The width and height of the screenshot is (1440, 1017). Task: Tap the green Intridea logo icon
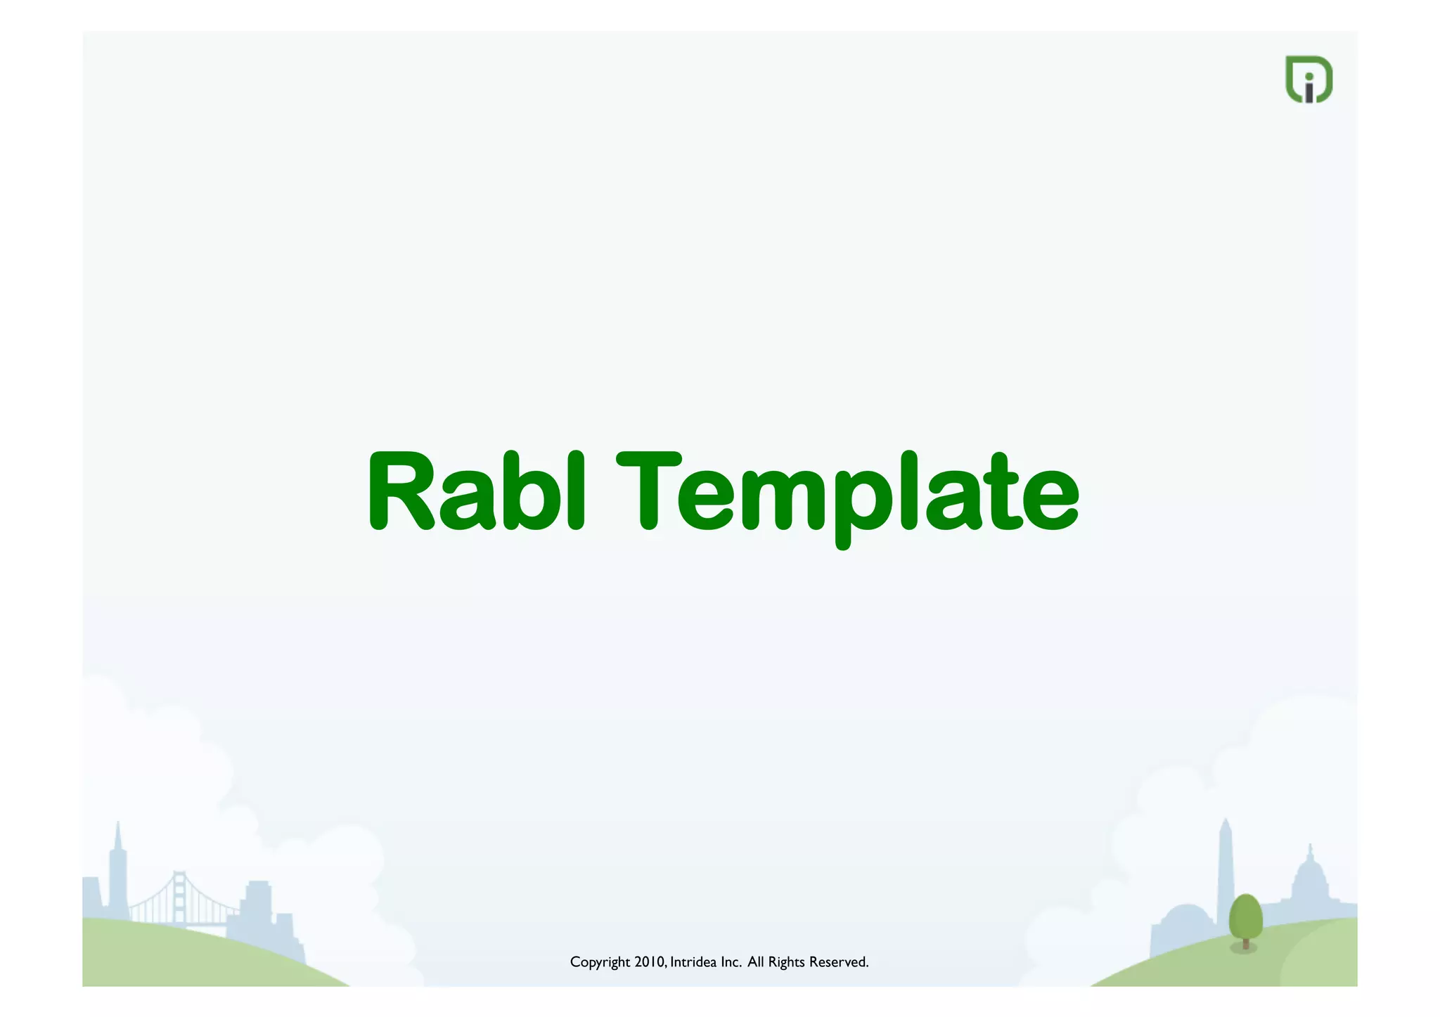(x=1309, y=79)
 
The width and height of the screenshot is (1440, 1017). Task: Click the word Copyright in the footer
(x=600, y=962)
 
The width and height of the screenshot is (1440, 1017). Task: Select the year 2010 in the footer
(x=649, y=961)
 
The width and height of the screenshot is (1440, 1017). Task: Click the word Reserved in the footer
(x=838, y=961)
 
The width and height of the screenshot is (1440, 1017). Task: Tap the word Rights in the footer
(x=786, y=962)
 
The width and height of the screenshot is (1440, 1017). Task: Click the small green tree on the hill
(x=1245, y=916)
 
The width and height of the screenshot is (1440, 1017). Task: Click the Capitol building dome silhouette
(x=1310, y=879)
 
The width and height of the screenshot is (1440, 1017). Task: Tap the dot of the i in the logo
(x=1309, y=77)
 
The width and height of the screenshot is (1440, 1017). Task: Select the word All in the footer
(x=755, y=961)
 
